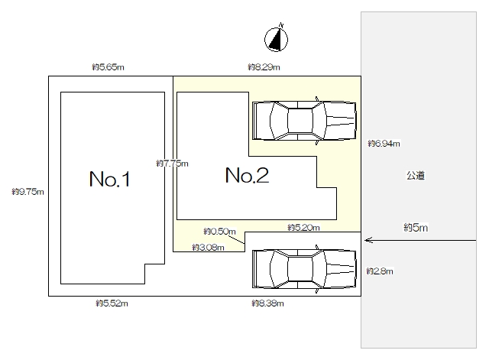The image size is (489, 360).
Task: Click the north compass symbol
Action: pos(276,39)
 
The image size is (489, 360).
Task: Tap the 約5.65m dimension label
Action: pos(108,67)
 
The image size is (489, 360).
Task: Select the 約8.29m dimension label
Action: pos(264,67)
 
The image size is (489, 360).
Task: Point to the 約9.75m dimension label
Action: pos(28,192)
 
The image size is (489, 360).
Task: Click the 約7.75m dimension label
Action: pos(172,164)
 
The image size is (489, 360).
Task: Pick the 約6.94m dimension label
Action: pos(384,144)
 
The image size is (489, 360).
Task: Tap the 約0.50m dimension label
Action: pos(219,232)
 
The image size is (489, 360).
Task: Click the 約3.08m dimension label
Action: pos(208,248)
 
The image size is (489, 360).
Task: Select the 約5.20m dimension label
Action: pos(303,228)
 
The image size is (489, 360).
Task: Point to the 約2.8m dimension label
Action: pos(380,271)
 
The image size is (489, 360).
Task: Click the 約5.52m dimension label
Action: pos(112,303)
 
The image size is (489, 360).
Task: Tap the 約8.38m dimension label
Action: pos(267,303)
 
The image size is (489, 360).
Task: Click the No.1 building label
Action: pos(109,179)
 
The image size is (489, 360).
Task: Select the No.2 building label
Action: pos(247,175)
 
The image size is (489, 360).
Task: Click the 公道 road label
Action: pos(416,176)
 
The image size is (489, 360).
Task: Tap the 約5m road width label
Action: pos(416,228)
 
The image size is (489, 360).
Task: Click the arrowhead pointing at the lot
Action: pos(368,240)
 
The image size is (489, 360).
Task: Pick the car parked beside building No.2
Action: pos(304,121)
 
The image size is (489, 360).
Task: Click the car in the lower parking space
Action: pos(304,269)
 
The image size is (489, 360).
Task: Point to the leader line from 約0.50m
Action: pos(236,239)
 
